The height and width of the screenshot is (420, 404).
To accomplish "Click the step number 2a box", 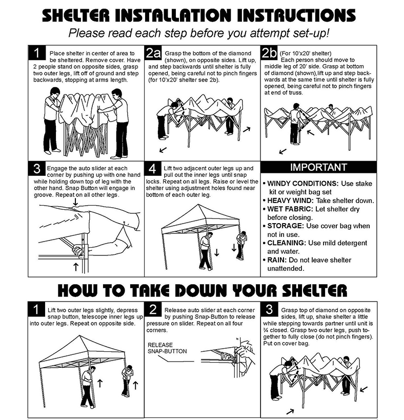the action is (153, 53).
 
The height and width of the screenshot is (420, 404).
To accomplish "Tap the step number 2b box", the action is (269, 53).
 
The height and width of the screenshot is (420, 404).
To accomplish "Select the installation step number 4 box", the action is (153, 169).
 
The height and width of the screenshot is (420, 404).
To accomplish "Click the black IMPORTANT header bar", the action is (318, 167).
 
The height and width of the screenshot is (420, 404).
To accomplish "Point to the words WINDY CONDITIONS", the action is (303, 184).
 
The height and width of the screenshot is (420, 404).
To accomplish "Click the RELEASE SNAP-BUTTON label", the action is (167, 348).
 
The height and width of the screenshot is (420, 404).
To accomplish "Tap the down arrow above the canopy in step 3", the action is (75, 202).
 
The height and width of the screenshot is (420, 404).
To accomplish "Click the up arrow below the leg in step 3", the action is (76, 267).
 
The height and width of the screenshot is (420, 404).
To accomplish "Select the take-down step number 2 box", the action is (153, 309).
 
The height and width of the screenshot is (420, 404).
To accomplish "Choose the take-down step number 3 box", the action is (269, 309).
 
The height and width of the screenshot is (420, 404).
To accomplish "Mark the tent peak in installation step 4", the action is (198, 205).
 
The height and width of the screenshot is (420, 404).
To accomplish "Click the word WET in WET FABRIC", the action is (275, 209).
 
